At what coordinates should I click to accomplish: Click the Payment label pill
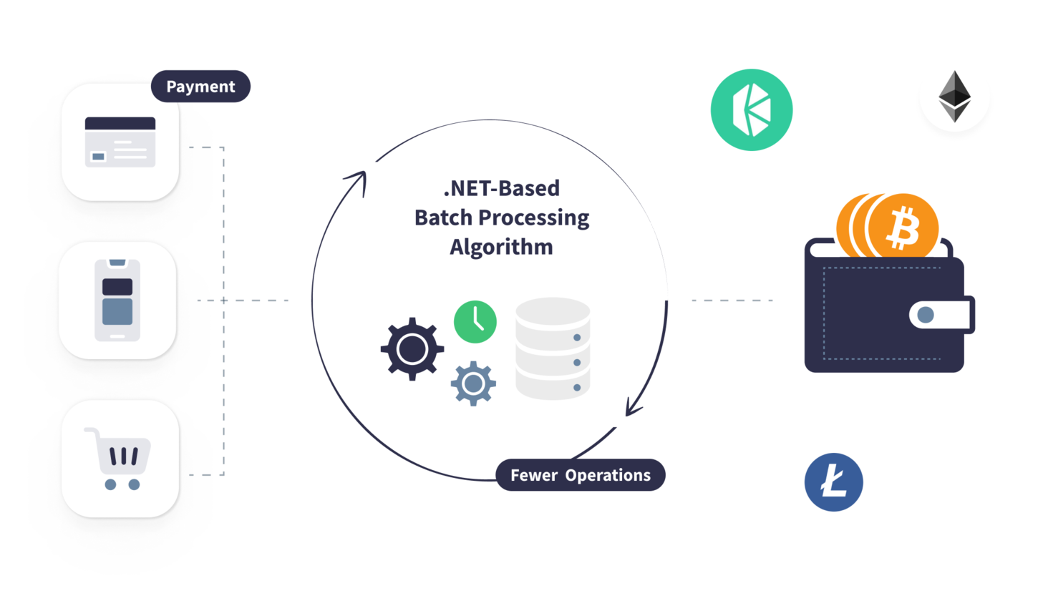coord(200,87)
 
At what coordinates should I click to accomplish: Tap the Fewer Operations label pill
coord(580,475)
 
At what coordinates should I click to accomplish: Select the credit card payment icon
coord(120,142)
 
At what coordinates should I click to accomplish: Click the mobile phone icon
coord(117,300)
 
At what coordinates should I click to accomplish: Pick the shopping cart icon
coord(118,459)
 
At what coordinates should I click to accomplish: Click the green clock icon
coord(475,321)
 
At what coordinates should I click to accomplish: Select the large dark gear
coord(412,348)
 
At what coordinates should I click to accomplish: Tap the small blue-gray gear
coord(472,384)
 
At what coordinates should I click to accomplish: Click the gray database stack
coord(553,348)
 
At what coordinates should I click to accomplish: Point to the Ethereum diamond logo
coord(954,97)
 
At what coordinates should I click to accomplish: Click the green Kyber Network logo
coord(751,109)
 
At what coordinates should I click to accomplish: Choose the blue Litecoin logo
coord(833,482)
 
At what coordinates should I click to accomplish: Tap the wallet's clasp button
coord(926,314)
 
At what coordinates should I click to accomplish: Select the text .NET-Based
coord(501,190)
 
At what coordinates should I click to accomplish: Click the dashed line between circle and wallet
coord(732,300)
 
